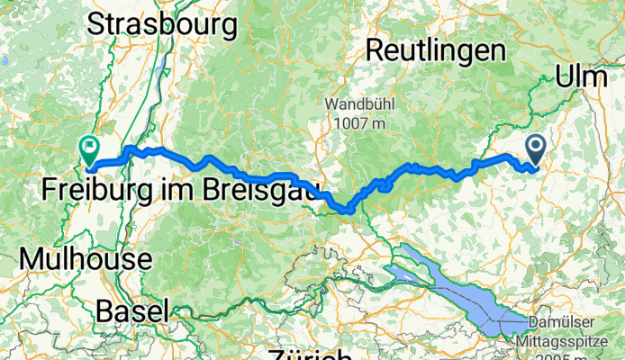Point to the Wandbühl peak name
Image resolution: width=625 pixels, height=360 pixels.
[358, 103]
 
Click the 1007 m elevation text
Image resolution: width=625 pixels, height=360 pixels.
[358, 121]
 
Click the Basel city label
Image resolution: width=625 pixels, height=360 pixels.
[131, 311]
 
